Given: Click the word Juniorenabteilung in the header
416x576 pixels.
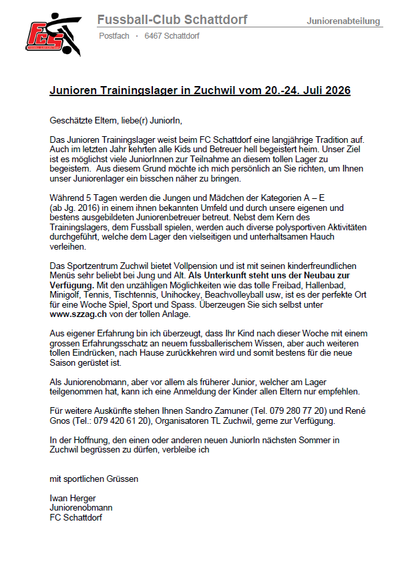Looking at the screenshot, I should coord(343,21).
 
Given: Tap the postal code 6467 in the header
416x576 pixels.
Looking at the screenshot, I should coord(153,36).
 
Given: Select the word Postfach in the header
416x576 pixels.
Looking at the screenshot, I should coord(114,36).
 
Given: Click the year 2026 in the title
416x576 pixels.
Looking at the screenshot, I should coord(336,90).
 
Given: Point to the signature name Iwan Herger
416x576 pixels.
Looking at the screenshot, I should coord(73,498).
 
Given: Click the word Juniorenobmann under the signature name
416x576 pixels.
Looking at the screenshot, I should coord(81,507).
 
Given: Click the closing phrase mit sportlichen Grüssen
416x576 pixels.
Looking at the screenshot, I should coord(94,479).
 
